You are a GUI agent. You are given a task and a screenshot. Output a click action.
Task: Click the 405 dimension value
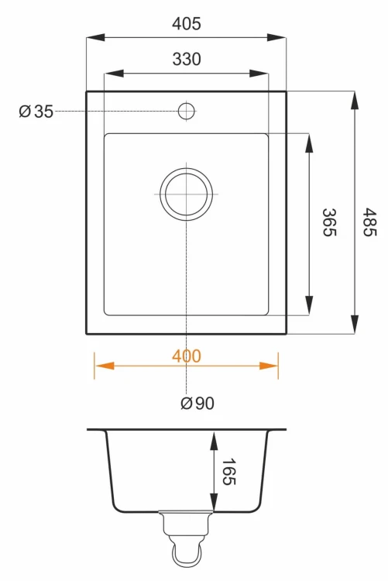(x=187, y=23)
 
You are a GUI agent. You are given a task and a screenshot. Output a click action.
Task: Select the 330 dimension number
(x=187, y=60)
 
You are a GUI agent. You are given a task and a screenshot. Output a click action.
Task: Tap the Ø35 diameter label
(x=36, y=111)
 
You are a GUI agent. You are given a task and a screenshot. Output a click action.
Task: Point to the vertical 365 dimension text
(x=329, y=222)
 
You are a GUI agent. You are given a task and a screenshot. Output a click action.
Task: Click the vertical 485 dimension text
(x=369, y=222)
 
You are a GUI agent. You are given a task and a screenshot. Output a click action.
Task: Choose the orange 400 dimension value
(x=187, y=356)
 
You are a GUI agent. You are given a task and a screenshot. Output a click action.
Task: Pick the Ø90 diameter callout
(x=197, y=403)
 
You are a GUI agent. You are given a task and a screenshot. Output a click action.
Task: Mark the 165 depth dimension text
(x=228, y=472)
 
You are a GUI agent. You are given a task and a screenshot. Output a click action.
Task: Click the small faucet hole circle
(x=187, y=111)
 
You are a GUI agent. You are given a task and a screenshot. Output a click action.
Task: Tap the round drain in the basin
(x=187, y=194)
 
